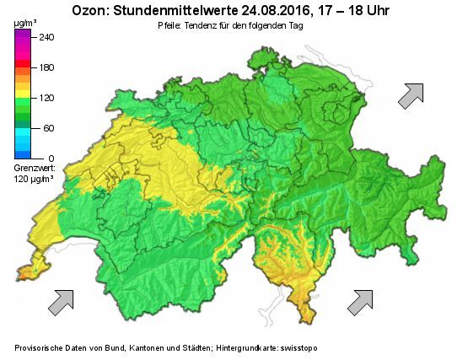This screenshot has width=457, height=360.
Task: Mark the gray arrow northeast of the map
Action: click(x=411, y=96)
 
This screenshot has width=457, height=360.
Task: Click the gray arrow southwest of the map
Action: click(x=61, y=302)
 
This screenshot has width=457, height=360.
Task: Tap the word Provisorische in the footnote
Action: click(x=41, y=348)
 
